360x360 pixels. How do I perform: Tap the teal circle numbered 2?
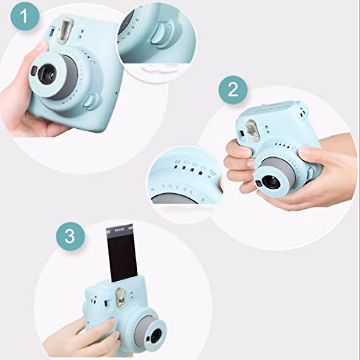tap(233, 89)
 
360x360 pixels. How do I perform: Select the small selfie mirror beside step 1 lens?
tap(34, 71)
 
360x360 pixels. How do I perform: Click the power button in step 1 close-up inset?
tap(161, 34)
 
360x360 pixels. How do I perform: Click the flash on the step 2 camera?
tap(253, 130)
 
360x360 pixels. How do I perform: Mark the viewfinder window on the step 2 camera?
tap(241, 133)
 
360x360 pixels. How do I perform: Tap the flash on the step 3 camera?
tap(120, 297)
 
